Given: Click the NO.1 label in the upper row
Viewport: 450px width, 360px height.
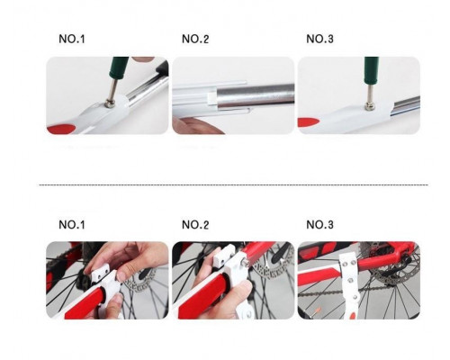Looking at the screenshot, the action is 72,39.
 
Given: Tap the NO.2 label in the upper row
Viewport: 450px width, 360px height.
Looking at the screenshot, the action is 195,39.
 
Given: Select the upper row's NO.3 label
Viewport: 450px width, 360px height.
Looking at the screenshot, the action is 319,39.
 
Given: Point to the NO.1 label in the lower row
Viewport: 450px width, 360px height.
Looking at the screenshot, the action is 72,225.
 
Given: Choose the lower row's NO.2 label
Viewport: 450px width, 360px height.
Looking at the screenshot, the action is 195,225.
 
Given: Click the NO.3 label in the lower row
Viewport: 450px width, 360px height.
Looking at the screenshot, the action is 319,225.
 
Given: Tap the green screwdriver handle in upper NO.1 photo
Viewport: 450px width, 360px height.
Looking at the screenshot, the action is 120,67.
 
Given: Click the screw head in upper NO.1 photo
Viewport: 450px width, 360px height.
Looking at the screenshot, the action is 109,104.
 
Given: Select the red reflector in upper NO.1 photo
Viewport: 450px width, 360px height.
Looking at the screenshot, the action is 61,129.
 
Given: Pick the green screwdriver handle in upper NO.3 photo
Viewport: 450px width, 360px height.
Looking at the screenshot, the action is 372,70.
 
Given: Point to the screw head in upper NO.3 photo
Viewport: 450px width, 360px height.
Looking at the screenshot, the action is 369,105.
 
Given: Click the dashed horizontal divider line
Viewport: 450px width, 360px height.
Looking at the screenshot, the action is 233,185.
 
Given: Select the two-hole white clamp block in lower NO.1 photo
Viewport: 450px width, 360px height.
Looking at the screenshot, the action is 100,274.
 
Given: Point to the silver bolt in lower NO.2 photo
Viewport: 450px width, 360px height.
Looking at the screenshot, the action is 247,262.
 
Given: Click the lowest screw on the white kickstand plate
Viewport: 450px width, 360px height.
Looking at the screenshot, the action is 355,297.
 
